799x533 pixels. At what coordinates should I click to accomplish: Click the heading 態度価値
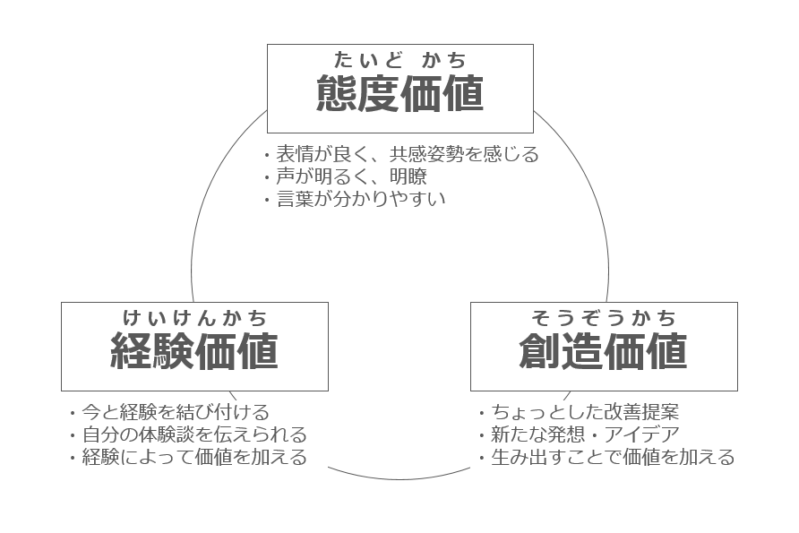point(400,93)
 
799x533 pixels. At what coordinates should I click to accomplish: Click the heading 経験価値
point(194,351)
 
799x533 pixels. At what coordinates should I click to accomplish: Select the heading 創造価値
point(604,351)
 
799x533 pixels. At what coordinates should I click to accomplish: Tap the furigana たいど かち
point(400,60)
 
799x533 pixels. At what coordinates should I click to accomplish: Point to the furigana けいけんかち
point(194,318)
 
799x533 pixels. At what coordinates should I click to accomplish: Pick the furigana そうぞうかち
point(604,318)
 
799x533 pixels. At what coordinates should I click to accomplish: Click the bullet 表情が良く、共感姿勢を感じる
point(408,154)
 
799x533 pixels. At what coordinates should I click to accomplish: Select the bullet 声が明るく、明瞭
point(352,176)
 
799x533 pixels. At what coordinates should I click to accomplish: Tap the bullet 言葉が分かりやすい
point(361,199)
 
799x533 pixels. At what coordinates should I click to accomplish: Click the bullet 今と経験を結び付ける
point(176,412)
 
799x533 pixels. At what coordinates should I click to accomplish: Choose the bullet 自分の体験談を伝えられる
point(194,434)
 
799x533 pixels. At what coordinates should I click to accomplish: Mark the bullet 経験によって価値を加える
point(194,457)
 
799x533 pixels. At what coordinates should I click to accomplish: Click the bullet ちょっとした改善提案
point(585,412)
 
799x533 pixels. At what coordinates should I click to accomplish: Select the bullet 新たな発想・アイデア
point(585,434)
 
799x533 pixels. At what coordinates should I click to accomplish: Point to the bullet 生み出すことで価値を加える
point(613,457)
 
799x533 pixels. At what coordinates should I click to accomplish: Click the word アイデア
point(642,434)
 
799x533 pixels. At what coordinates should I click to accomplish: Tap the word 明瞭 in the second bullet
point(408,176)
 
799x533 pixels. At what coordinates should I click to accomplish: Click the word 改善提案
point(641,412)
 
